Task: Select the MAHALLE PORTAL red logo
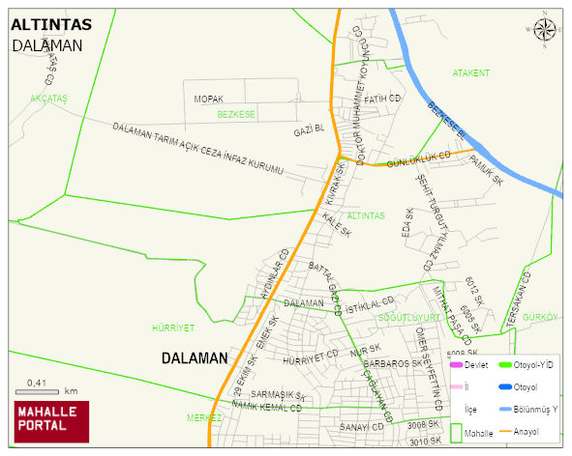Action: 51,420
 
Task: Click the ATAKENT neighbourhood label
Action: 471,73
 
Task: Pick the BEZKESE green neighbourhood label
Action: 236,114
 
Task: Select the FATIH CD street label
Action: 382,99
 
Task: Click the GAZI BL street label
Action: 309,128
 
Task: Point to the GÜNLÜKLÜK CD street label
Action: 418,157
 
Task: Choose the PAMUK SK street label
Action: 486,169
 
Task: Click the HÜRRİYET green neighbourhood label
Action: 174,328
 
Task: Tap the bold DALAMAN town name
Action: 194,357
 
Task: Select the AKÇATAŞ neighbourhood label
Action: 48,99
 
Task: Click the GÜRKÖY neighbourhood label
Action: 540,317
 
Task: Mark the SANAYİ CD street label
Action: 362,426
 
